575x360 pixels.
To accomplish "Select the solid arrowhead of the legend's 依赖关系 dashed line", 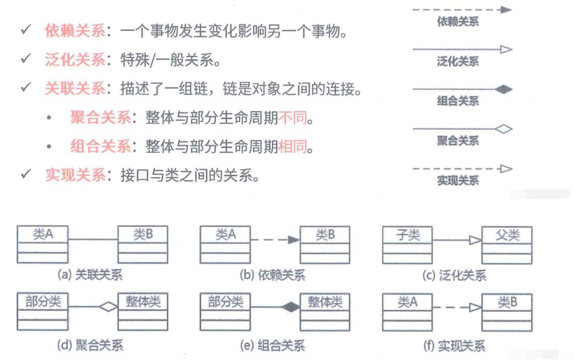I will tap(505, 10).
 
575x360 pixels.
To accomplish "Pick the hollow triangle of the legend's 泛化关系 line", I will tap(505, 49).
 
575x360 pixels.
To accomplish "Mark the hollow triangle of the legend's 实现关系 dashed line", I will tap(505, 169).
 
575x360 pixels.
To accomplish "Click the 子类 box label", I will tap(407, 235).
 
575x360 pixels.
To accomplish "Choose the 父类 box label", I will tap(507, 235).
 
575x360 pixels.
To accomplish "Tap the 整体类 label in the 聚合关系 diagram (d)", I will tap(143, 301).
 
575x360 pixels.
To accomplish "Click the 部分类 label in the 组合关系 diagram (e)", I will tap(225, 301).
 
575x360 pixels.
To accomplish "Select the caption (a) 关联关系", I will tap(90, 275).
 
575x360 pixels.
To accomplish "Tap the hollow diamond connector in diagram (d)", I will tap(109, 307).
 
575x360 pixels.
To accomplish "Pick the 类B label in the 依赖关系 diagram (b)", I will tap(325, 235).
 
